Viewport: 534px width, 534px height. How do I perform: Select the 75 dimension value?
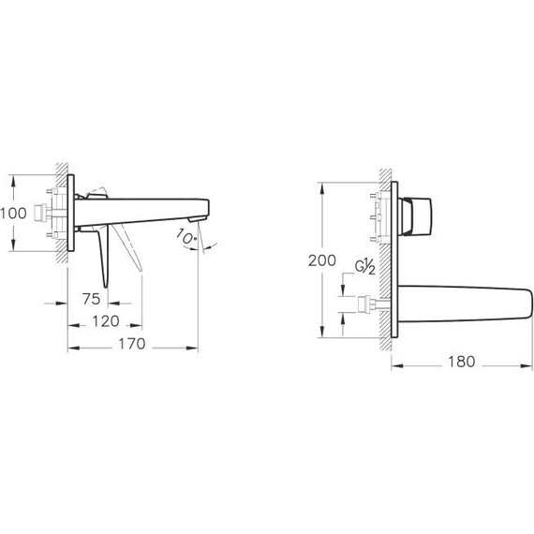90,300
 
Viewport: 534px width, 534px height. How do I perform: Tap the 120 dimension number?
105,321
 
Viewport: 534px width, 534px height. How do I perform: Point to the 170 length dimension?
133,344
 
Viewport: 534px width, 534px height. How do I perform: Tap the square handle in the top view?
416,216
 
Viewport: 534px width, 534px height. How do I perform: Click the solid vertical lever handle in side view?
105,258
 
